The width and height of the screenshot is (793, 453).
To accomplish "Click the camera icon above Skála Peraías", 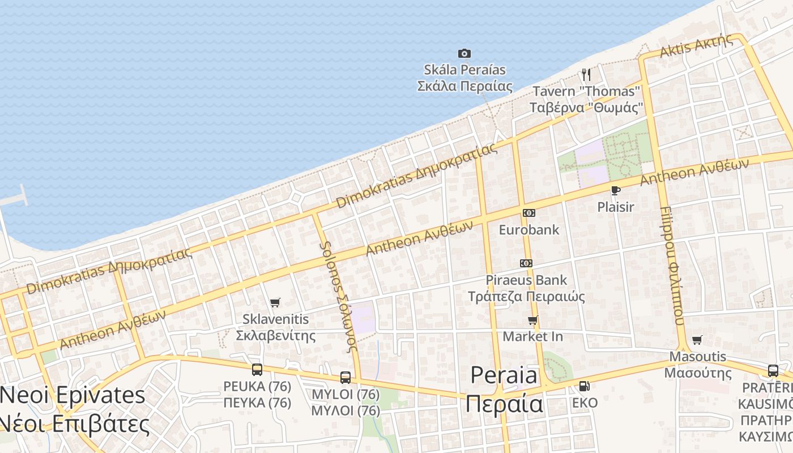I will pyautogui.click(x=464, y=53).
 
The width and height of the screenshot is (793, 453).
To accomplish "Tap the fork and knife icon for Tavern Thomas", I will pyautogui.click(x=586, y=74).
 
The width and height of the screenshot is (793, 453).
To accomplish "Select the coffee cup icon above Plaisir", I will pyautogui.click(x=616, y=190).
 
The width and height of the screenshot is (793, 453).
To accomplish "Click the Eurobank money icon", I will pyautogui.click(x=529, y=213).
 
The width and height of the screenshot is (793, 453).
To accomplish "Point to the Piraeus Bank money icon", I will pyautogui.click(x=526, y=263).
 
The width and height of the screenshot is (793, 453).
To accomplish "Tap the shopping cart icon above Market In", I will pyautogui.click(x=533, y=320).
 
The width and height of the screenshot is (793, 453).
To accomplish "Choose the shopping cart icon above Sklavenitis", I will pyautogui.click(x=275, y=302).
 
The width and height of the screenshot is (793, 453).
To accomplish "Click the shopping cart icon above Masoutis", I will pyautogui.click(x=697, y=340).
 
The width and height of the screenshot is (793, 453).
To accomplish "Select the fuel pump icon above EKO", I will pyautogui.click(x=585, y=386).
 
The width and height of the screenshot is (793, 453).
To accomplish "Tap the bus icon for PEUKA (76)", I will pyautogui.click(x=257, y=370).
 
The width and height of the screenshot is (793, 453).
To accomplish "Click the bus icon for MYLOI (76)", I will pyautogui.click(x=346, y=377).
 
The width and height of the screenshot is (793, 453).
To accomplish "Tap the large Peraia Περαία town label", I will pyautogui.click(x=504, y=390).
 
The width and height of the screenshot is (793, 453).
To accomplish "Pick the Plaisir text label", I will pyautogui.click(x=616, y=207).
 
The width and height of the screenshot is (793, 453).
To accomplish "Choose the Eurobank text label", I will pyautogui.click(x=529, y=230).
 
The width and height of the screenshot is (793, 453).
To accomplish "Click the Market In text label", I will pyautogui.click(x=533, y=337).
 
